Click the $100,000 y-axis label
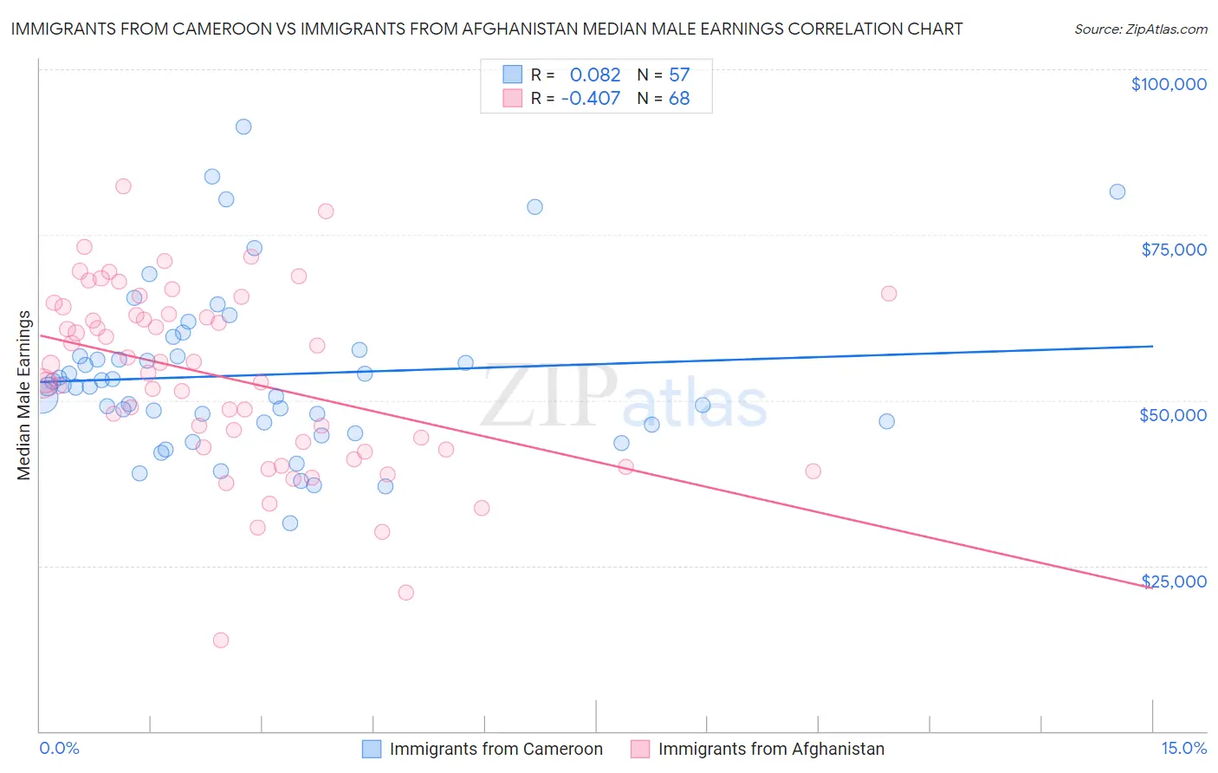point(1169,84)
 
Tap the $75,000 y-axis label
point(1174,250)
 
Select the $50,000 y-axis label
point(1173,415)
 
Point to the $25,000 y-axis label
point(1174,581)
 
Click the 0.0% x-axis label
point(59,748)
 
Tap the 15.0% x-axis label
point(1183,748)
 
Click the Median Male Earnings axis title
point(24,395)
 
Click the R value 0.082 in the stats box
point(595,75)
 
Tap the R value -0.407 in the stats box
point(591,99)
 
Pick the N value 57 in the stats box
point(679,75)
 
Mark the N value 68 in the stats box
point(679,99)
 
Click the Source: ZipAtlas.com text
point(1140,29)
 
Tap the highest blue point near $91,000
point(243,127)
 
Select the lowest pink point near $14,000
point(221,640)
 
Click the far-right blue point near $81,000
point(1118,192)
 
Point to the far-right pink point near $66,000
point(889,294)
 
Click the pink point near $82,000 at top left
point(123,186)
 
